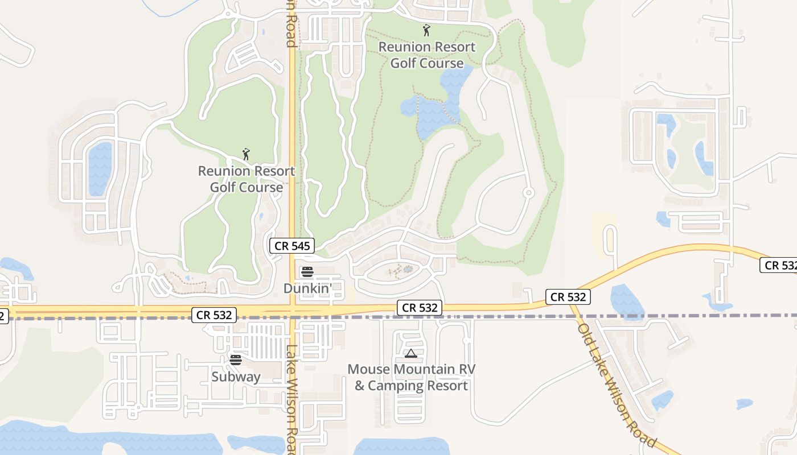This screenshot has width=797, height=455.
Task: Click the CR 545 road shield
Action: pos(292,246)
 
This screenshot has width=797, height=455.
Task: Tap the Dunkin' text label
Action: pos(307,288)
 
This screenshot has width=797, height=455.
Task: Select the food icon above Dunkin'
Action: pos(307,271)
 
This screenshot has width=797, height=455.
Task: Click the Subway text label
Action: pos(236,377)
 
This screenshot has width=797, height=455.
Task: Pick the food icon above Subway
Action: pos(236,359)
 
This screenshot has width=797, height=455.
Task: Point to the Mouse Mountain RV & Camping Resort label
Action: pos(411,377)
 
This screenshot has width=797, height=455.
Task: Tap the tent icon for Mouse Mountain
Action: pos(411,354)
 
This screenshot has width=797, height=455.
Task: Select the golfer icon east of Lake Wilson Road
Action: pos(426,30)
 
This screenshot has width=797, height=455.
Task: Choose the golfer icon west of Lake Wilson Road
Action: pos(246,154)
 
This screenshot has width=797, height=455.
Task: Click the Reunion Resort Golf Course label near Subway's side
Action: pos(247,179)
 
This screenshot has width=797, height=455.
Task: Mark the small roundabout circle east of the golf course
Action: pos(529,193)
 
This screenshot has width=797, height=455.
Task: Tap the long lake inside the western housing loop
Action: pos(100,168)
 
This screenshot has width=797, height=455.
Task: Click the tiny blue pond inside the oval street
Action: pos(408,268)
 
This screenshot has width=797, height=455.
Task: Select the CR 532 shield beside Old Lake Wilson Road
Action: pos(568,296)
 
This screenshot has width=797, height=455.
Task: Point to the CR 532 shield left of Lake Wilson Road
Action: pos(214,315)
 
